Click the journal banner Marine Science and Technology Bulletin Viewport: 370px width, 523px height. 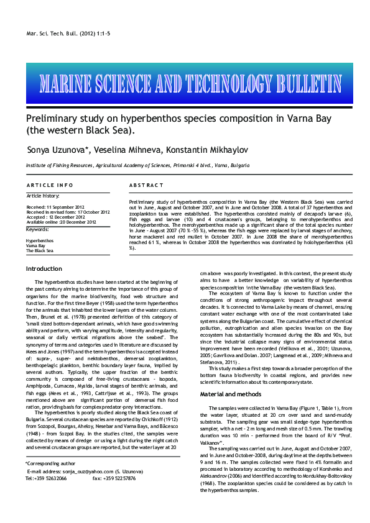click(x=185, y=83)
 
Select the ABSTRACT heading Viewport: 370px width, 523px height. click(x=146, y=186)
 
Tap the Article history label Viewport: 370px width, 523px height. click(x=44, y=196)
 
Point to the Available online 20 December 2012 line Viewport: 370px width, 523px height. click(x=61, y=222)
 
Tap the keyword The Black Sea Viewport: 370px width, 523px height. click(x=39, y=251)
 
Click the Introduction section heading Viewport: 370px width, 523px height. click(x=44, y=268)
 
